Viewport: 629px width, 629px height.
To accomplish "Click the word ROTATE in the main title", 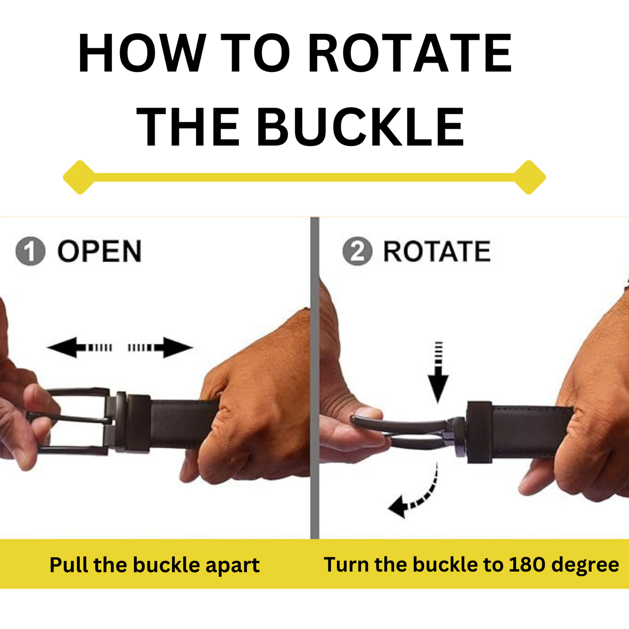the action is click(x=410, y=53).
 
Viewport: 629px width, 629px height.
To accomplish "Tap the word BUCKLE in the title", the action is click(x=360, y=127).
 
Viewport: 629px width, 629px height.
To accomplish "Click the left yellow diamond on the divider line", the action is click(x=80, y=177).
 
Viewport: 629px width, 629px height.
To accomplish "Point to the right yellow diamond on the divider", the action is click(x=529, y=177).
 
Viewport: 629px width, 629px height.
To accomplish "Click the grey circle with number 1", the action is click(x=30, y=251).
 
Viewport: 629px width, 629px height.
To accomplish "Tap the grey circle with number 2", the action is click(x=357, y=251).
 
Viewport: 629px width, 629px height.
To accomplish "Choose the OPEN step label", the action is click(x=100, y=251).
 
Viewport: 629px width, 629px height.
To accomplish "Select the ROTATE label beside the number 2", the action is click(x=437, y=251).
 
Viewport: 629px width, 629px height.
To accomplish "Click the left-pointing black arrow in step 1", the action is click(x=80, y=348).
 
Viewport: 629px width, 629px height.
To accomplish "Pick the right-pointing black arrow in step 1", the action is click(x=161, y=348).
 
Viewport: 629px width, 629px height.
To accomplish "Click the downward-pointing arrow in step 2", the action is click(x=438, y=372).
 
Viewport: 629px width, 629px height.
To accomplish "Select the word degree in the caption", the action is click(x=585, y=565).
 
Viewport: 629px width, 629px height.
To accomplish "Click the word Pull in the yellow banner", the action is click(x=69, y=565).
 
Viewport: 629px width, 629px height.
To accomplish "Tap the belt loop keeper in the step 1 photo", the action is click(x=139, y=424).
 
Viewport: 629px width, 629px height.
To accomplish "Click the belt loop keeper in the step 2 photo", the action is click(x=480, y=432).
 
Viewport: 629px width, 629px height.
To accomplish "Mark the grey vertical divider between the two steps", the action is click(x=315, y=378).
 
